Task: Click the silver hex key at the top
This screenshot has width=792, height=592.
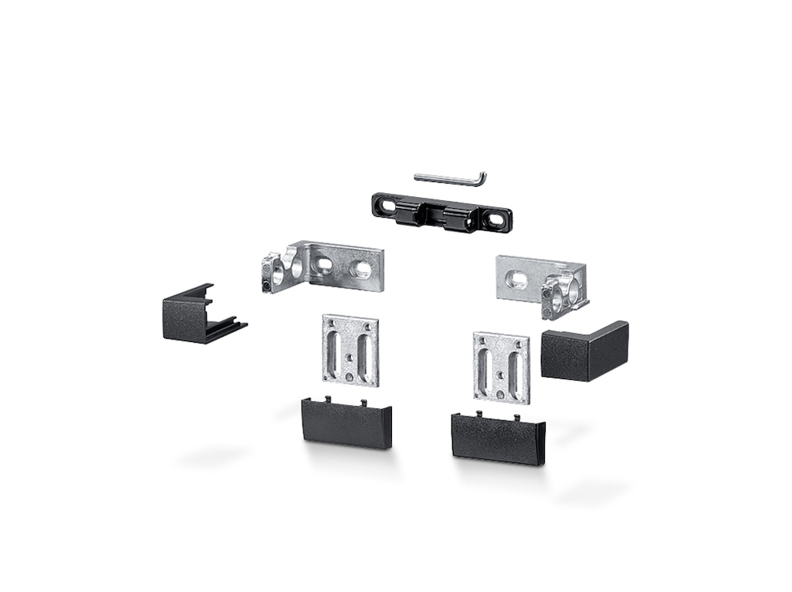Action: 444,176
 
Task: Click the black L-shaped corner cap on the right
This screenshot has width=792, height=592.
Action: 584,351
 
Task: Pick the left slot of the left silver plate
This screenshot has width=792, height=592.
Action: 335,347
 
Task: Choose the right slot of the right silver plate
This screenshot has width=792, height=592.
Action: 513,367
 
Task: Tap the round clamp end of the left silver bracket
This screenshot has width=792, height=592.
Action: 276,271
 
